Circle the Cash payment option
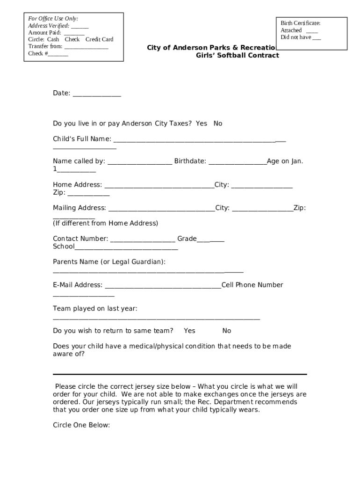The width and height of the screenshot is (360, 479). (x=53, y=39)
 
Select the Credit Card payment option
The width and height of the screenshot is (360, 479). (x=99, y=39)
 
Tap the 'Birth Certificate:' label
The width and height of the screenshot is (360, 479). (x=300, y=23)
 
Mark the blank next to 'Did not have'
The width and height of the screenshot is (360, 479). (x=317, y=38)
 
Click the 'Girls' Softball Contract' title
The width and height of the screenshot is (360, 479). (x=237, y=55)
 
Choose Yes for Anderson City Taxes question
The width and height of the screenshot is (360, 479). (x=202, y=123)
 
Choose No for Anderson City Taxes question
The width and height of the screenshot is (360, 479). (x=218, y=123)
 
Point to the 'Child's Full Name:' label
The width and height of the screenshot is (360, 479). (x=82, y=139)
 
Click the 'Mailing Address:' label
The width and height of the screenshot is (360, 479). (x=79, y=208)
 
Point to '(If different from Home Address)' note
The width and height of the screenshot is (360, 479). (x=106, y=223)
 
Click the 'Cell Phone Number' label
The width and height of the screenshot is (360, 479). (x=252, y=285)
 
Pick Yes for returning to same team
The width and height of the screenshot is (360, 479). (x=189, y=331)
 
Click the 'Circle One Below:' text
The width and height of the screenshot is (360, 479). (x=81, y=425)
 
